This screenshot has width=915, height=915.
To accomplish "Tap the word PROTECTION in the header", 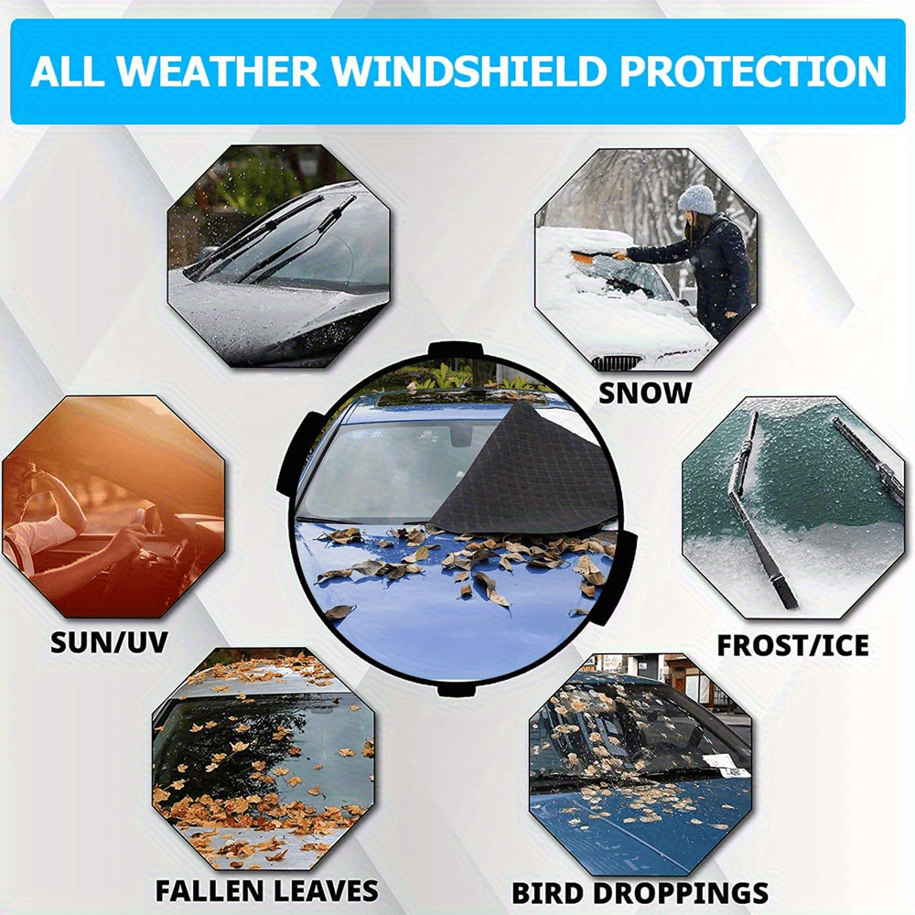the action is pos(753,71).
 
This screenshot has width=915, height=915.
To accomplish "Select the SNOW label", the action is pos(645,393).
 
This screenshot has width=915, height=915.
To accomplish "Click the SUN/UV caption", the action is pos(109,642).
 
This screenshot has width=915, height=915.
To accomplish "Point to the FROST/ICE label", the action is pos(792,645).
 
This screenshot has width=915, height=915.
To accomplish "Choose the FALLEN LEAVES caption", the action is pos(266,891).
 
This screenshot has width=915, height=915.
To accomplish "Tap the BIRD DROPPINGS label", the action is pos(640,893).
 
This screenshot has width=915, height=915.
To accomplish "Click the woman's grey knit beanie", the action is pos(696,199).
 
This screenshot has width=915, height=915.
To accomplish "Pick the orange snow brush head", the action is pos(584,257).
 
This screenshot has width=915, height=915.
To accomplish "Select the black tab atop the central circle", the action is pos(456,350).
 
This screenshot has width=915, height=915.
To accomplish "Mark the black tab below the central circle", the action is pos(457,690).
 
